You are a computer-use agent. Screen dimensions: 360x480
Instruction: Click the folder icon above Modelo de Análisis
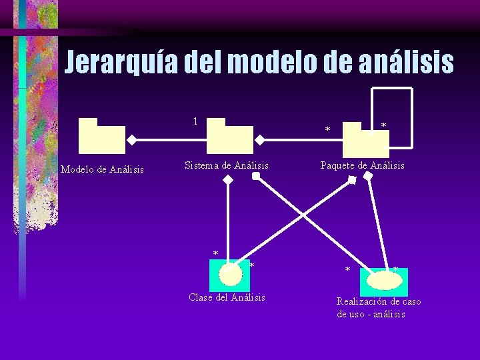[x=101, y=136]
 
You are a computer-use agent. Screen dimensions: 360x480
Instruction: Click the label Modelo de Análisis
[x=102, y=169]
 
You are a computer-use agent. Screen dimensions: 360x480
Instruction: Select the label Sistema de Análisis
[x=227, y=165]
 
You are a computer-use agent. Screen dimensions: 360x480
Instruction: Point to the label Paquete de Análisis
[x=362, y=165]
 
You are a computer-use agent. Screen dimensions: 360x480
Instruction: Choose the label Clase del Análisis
[x=227, y=297]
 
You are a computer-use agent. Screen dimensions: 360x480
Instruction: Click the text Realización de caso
[x=379, y=301]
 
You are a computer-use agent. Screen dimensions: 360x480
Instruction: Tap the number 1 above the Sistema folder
[x=195, y=121]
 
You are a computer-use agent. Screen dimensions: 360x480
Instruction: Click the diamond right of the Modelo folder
[x=133, y=140]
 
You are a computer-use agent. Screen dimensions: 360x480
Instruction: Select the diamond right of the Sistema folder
[x=261, y=140]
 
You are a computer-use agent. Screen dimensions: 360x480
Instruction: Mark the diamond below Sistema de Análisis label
[x=228, y=180]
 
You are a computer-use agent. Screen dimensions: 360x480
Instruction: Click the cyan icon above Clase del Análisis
[x=229, y=273]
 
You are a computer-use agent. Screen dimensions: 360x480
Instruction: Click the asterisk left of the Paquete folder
[x=327, y=129]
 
